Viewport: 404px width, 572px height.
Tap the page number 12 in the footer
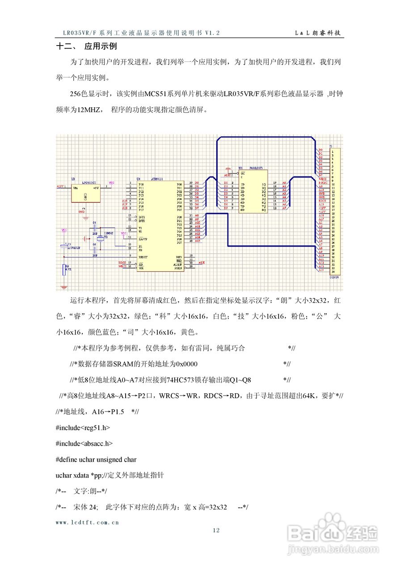tap(216, 530)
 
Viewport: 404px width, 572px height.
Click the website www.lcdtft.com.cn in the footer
tap(87, 522)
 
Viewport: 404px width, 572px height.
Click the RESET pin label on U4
tap(143, 257)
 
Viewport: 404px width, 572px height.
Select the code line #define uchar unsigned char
tap(96, 459)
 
